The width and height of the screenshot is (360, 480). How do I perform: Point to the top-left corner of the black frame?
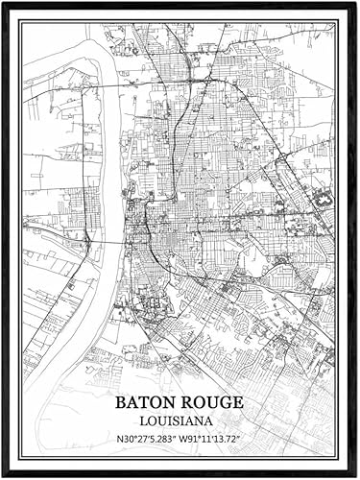[x=4, y=4]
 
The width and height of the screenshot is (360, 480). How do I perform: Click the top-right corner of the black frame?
[x=355, y=4]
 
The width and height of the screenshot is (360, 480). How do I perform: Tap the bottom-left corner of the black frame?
[x=4, y=474]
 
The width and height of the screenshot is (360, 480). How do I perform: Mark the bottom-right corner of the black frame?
[x=355, y=474]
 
